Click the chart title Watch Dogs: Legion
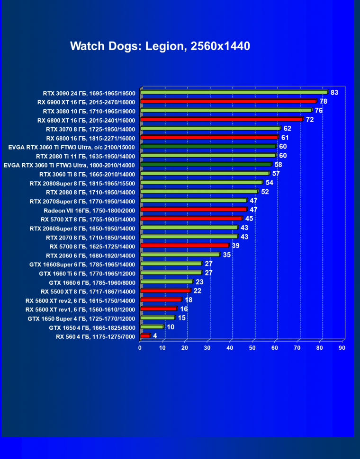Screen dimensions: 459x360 coord(160,46)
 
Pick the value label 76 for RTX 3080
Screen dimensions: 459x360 coord(319,110)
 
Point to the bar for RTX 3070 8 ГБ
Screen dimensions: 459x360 coord(210,128)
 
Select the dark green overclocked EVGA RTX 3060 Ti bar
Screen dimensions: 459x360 coord(208,146)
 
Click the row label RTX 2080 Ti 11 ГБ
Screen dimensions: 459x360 coord(86,156)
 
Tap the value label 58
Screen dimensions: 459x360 coord(278,165)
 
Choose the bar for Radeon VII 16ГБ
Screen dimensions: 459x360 coord(193,209)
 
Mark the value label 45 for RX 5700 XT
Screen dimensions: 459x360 coord(249,219)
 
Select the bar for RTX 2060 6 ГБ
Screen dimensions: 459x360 coord(180,255)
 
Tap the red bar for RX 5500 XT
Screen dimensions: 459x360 coord(165,291)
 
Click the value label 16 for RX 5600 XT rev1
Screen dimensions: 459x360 coord(184,309)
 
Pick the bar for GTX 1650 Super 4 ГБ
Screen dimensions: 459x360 coord(157,318)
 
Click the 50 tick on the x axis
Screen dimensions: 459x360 coord(252,348)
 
